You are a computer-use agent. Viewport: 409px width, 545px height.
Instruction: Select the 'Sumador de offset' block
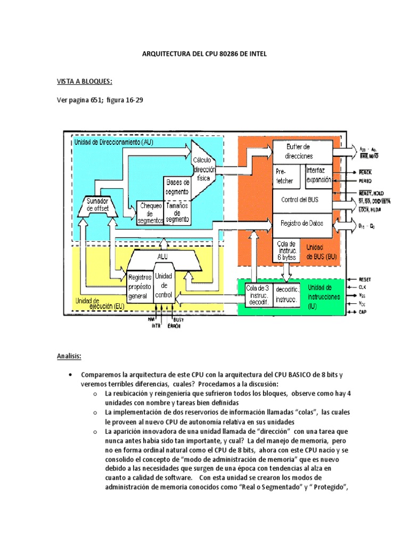(x=97, y=205)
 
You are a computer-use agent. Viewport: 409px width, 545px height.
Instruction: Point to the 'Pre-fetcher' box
(x=288, y=176)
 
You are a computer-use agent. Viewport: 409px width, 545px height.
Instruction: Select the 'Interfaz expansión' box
(x=319, y=176)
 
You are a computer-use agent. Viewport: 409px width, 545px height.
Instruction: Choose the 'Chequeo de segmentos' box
(x=150, y=212)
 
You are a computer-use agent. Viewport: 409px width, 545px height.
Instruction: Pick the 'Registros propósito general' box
(x=140, y=286)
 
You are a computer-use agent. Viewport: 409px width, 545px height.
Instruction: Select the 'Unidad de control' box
(x=163, y=286)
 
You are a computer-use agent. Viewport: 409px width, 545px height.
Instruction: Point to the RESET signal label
(x=365, y=279)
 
